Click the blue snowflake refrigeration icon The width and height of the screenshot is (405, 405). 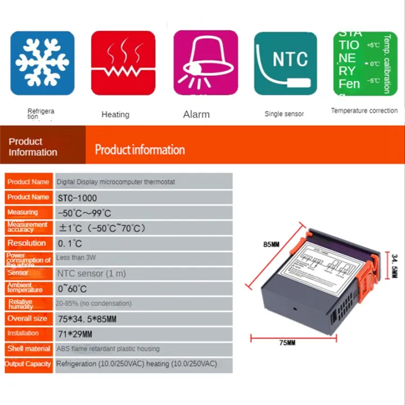click(42, 63)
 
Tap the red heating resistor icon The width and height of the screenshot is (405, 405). click(123, 63)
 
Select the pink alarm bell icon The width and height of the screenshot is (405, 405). click(205, 63)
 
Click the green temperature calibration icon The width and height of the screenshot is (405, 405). click(365, 63)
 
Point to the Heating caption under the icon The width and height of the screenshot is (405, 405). click(115, 114)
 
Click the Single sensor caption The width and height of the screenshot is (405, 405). click(284, 114)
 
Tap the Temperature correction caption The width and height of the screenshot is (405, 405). click(364, 111)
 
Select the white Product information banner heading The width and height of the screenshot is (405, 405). click(139, 150)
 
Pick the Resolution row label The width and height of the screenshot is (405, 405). click(27, 243)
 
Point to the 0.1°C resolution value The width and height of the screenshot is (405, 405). click(70, 244)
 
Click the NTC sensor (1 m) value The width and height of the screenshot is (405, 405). click(91, 273)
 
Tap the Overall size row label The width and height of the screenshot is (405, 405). click(27, 318)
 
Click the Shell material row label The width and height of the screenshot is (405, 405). click(29, 349)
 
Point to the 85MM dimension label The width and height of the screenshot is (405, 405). click(271, 245)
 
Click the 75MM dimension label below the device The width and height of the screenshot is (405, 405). click(287, 343)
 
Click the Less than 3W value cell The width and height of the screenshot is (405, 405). click(74, 258)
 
